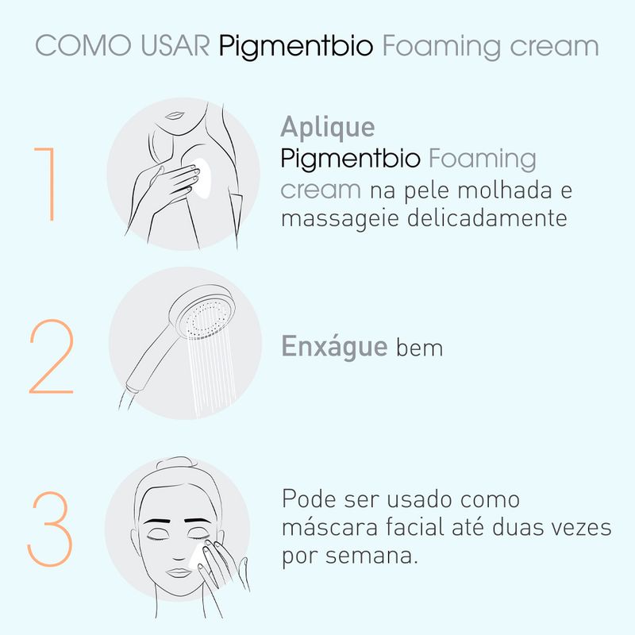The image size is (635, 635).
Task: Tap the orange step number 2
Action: click(52, 356)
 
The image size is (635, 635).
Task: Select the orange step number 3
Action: click(50, 529)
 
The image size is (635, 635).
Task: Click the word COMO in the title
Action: click(83, 45)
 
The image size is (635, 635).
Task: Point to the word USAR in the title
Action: click(175, 45)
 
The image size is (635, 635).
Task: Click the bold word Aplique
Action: click(328, 128)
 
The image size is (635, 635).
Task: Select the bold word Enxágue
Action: click(334, 346)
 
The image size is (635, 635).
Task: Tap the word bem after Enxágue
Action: click(420, 348)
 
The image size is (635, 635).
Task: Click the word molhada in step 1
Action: click(505, 190)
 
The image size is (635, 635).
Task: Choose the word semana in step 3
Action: click(371, 556)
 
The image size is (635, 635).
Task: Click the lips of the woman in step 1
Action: click(175, 116)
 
